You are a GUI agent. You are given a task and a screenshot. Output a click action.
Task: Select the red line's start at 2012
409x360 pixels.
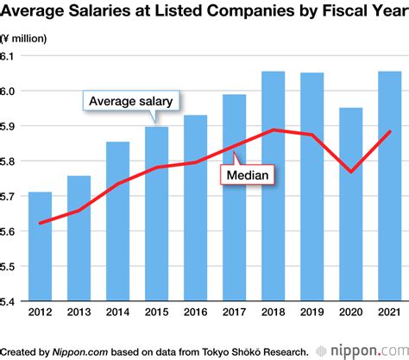point(40,223)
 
